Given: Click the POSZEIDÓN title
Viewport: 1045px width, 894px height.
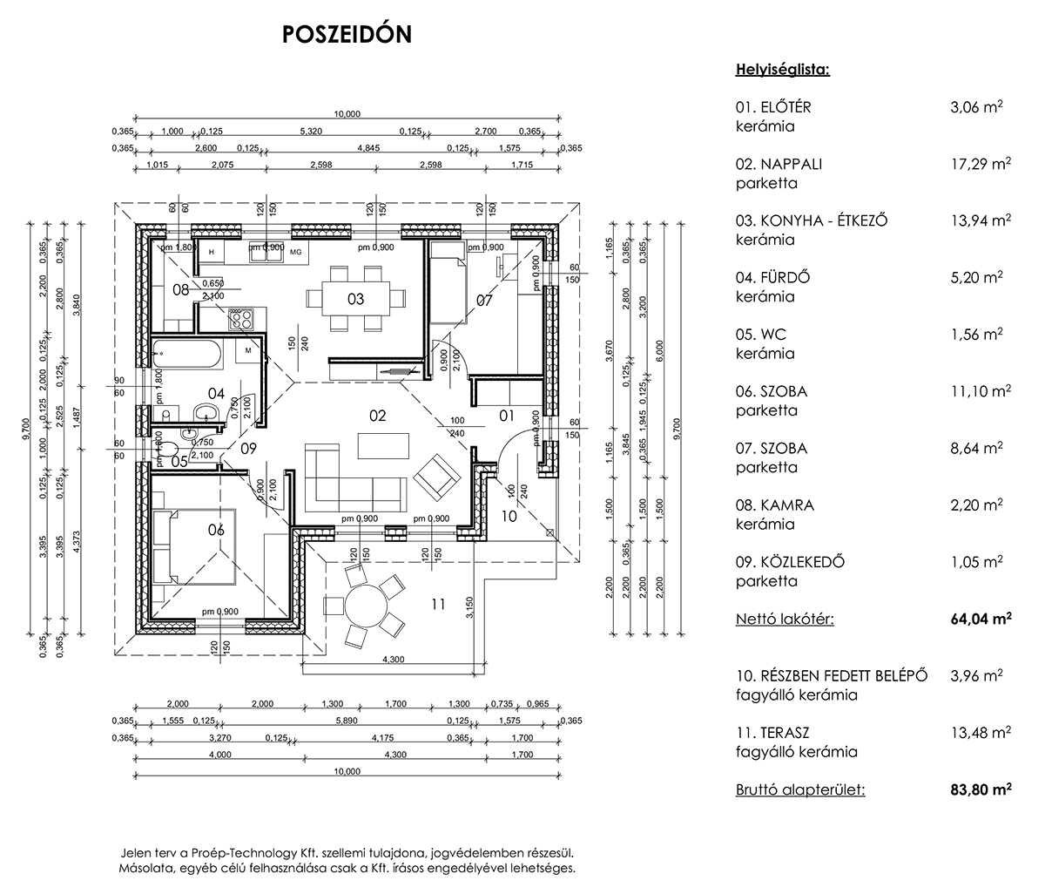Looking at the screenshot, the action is coord(347,34).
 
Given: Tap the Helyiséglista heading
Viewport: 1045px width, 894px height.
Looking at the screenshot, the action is coord(783,70).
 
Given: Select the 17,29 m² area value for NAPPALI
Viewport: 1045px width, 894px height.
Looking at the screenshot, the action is coord(981,164).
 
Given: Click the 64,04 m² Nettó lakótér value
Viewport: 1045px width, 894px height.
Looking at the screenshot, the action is coord(981,619).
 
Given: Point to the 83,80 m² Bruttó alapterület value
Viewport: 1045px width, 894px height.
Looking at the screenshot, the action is coord(981,789).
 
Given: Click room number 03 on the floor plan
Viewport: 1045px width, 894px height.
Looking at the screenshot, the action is coord(355,299).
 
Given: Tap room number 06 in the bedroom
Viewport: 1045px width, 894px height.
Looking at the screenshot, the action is coord(216,530).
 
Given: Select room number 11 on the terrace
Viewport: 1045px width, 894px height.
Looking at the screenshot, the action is coord(438,604).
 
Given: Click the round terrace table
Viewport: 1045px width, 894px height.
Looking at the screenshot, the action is coord(366,606).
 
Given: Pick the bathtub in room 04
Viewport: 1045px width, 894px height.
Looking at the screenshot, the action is coord(187,353).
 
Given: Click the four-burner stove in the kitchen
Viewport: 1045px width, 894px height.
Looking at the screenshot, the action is coord(240,319).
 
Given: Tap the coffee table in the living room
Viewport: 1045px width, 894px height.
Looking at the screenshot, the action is coord(383,445).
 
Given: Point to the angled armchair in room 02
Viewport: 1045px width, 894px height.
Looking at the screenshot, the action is coord(437,477).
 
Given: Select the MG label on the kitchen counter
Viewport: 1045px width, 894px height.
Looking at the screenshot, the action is coord(296,252).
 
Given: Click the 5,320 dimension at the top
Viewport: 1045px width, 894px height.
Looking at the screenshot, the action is coord(311,131).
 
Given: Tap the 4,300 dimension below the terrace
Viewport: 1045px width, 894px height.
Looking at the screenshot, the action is coord(393,660).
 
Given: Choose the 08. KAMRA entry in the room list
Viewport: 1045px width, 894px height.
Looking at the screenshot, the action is coord(774,505).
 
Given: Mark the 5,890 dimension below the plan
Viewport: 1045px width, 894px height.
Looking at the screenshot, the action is coord(347,721).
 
